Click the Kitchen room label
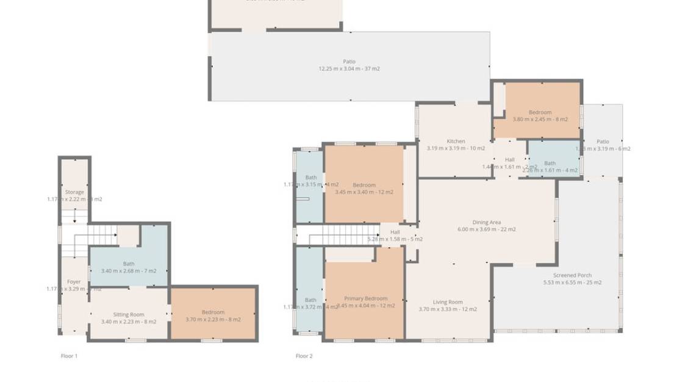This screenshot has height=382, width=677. pos(456,142)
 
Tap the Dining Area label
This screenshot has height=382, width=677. pos(486,223)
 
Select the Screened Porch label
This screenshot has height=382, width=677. pos(572,276)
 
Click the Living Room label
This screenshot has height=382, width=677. pos(448,302)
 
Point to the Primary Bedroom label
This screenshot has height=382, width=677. pos(366,298)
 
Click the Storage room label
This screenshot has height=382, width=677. pos(74,192)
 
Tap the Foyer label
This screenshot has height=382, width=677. pos(74,282)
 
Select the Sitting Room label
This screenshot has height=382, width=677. pos(129,315)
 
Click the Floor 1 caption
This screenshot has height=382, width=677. pos(69,356)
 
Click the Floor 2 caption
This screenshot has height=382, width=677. pos(304,356)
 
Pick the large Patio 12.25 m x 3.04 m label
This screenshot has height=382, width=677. pos(349,62)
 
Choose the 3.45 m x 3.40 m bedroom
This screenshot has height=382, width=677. pos(364,189)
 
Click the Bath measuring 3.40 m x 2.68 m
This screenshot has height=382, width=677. pos(129,267)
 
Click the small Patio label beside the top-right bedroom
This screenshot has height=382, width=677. pos(603,142)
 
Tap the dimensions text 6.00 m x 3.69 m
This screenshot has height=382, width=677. pos(486,230)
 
